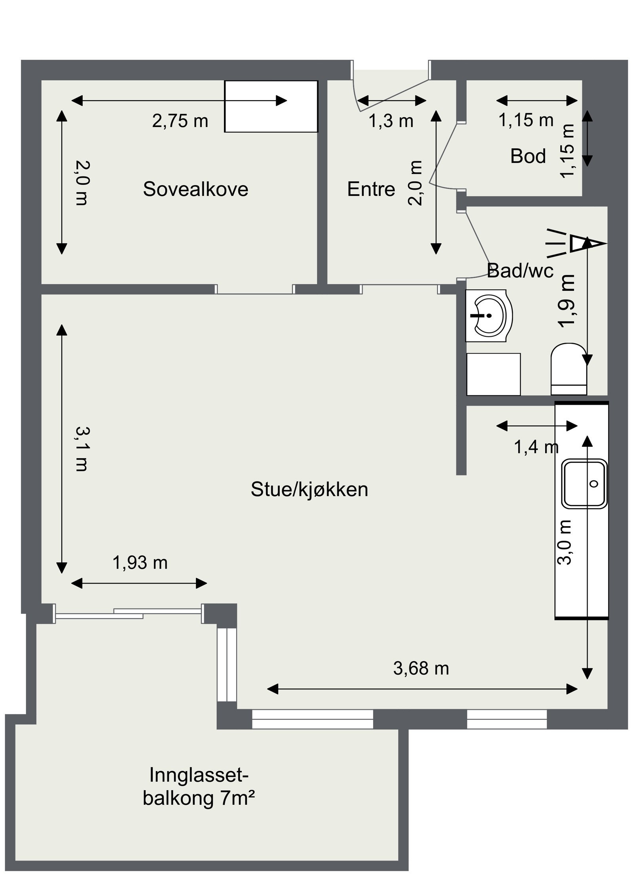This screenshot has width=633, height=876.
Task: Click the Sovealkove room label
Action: (195, 189)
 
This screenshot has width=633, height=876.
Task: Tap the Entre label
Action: (371, 190)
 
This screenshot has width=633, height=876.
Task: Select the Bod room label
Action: (528, 156)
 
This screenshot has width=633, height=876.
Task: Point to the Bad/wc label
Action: (520, 271)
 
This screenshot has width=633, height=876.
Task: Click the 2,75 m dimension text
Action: (180, 121)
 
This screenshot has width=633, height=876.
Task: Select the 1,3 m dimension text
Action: (390, 121)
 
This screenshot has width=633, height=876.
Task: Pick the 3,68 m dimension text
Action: (421, 668)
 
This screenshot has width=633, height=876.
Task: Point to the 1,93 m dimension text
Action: (140, 562)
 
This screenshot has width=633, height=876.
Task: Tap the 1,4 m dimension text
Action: (536, 447)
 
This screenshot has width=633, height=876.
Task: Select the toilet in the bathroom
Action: (569, 368)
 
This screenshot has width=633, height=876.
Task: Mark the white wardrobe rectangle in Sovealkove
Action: (271, 106)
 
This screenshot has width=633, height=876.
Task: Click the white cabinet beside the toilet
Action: (493, 374)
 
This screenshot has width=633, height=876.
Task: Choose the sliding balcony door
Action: (128, 614)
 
